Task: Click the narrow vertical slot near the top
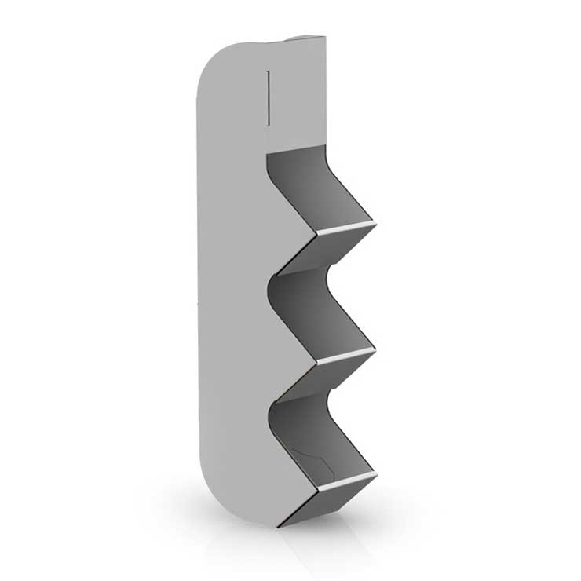click(269, 97)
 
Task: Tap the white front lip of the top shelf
click(345, 228)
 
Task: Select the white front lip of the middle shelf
click(345, 356)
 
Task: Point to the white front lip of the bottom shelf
click(345, 481)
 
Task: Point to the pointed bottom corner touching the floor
click(278, 525)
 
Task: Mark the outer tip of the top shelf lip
click(375, 225)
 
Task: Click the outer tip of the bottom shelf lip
click(375, 476)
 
